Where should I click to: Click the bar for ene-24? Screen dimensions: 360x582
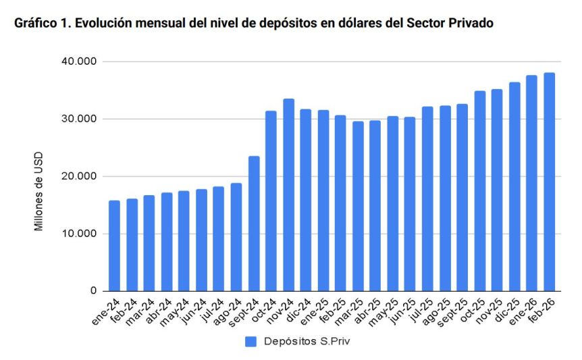(x=114, y=246)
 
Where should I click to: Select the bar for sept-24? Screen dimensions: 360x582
(x=254, y=224)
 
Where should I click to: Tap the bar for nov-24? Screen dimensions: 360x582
(x=288, y=195)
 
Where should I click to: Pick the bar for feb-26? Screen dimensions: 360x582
(x=550, y=182)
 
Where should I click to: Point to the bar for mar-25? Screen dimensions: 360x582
(x=358, y=206)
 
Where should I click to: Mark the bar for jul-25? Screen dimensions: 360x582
(x=427, y=199)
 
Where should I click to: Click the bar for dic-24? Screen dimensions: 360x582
(x=306, y=200)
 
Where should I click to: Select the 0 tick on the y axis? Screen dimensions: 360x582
(x=95, y=291)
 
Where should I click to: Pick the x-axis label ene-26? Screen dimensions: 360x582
(x=527, y=310)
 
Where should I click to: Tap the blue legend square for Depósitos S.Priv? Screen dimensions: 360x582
(x=250, y=341)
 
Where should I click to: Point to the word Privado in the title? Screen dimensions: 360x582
(x=470, y=24)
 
